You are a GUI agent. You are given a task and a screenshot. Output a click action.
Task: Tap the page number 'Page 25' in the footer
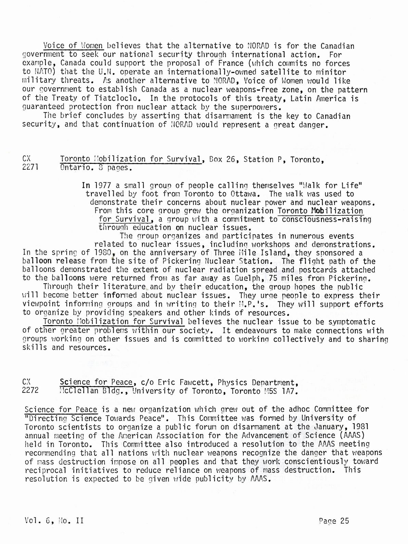click(333, 521)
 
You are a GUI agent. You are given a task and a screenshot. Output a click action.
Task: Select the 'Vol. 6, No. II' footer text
click(54, 521)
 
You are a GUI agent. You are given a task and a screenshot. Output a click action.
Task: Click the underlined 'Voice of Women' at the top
click(73, 46)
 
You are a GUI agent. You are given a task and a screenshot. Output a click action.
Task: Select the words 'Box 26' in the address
click(219, 159)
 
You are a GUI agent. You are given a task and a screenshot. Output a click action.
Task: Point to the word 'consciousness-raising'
click(327, 219)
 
